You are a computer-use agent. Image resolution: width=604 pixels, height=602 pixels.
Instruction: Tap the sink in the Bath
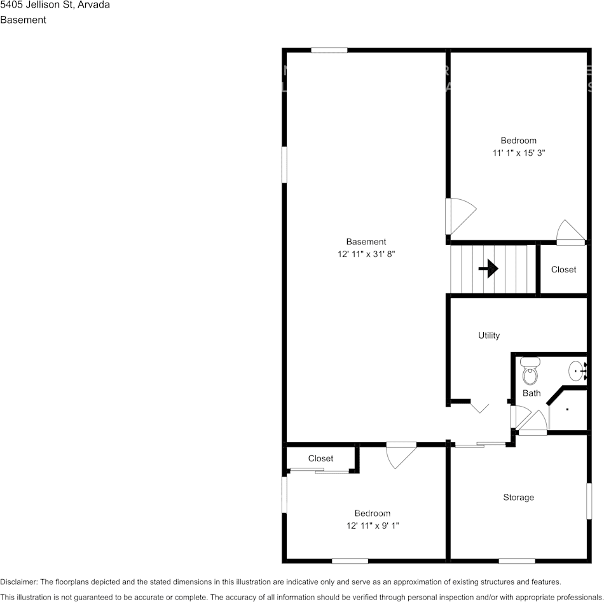tap(577, 369)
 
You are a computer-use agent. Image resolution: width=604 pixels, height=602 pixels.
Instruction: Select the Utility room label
tap(489, 335)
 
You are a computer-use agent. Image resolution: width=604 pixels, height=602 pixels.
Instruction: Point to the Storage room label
tap(518, 497)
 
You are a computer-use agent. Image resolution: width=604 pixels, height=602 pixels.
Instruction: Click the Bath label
tap(532, 393)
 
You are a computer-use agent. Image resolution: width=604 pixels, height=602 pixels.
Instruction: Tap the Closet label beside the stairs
tap(563, 269)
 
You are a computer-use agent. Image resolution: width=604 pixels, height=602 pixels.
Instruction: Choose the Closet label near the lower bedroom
tap(320, 458)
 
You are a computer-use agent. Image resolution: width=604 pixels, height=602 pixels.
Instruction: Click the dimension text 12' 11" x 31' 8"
tap(371, 254)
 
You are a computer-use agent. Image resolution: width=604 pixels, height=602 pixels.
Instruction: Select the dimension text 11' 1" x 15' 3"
tap(519, 153)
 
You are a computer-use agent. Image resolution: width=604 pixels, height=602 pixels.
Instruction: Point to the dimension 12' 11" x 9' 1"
tap(373, 526)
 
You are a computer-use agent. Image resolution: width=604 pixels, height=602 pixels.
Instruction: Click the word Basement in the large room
tap(366, 242)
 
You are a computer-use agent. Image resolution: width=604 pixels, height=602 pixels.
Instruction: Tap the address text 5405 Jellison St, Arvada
tap(55, 5)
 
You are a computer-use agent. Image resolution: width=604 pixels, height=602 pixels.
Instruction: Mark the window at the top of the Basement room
tap(329, 50)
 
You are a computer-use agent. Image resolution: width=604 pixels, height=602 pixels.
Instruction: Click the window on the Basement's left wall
tap(285, 164)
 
